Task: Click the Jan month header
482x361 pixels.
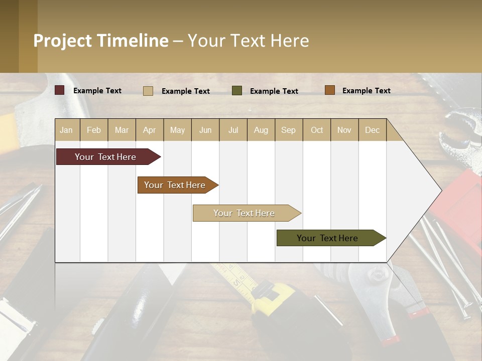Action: [x=67, y=130]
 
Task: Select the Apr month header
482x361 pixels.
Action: [x=150, y=130]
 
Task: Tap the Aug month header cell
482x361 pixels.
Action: [x=261, y=130]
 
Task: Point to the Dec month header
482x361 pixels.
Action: [x=372, y=130]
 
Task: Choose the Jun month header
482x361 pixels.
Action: [x=205, y=130]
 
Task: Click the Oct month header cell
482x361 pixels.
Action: [x=317, y=130]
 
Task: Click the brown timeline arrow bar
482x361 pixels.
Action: [x=176, y=185]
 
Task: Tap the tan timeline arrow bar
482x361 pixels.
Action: [x=245, y=213]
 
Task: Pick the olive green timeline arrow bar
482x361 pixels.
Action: [x=329, y=238]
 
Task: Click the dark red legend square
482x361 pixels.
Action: [x=60, y=90]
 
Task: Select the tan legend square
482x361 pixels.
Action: [x=148, y=91]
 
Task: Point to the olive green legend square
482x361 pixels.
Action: [x=237, y=91]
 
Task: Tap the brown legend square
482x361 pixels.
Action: [x=330, y=90]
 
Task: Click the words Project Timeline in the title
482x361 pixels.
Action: [x=101, y=41]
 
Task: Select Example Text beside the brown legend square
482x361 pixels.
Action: [x=366, y=91]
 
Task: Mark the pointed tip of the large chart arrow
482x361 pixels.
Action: [x=441, y=191]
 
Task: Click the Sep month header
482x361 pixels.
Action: [x=289, y=130]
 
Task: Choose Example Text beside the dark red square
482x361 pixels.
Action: [x=97, y=91]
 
